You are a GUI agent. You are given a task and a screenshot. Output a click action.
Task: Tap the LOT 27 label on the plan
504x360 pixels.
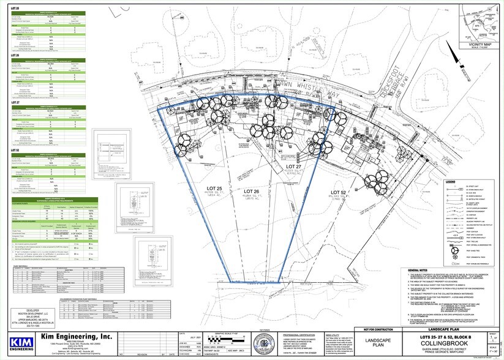295,167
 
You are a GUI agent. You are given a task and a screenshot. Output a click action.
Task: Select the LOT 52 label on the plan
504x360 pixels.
339,192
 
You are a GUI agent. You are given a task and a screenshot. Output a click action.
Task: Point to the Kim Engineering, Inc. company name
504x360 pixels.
77,336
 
